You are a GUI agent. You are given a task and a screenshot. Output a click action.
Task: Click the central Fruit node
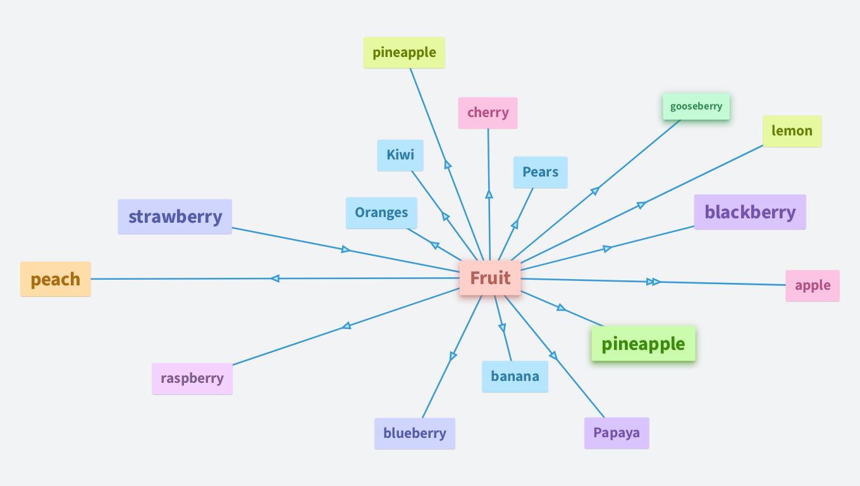tap(490, 278)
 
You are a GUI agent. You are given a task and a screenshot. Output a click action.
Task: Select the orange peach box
tap(56, 279)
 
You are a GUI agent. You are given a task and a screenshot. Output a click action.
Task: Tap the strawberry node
tap(175, 217)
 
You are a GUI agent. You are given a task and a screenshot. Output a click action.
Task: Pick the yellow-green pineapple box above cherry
tap(404, 53)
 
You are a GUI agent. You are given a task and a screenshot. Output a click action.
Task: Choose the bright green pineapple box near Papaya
tap(643, 344)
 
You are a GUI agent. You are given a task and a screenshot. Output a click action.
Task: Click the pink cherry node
tap(488, 113)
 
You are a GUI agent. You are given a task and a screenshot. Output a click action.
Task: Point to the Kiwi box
tap(400, 156)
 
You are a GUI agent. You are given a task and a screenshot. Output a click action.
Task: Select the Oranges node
tap(381, 213)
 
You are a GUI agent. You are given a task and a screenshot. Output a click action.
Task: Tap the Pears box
tap(541, 172)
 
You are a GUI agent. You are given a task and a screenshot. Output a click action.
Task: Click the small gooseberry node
tap(696, 106)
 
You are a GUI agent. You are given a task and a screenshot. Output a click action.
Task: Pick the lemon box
tap(792, 131)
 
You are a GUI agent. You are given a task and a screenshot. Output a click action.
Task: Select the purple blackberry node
tap(750, 212)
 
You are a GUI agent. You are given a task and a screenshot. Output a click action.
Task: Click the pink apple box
tap(813, 285)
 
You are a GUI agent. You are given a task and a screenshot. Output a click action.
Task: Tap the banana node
tap(515, 377)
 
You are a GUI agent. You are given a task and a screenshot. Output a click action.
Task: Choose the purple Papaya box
tap(617, 433)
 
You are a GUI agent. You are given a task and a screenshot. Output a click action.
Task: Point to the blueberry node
tap(415, 433)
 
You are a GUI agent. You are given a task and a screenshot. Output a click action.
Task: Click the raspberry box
tap(192, 378)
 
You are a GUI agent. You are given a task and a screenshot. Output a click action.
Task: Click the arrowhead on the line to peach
tap(274, 278)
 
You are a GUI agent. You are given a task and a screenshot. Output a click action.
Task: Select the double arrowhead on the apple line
tap(653, 282)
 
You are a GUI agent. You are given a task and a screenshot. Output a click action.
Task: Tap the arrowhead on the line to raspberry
tap(346, 326)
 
